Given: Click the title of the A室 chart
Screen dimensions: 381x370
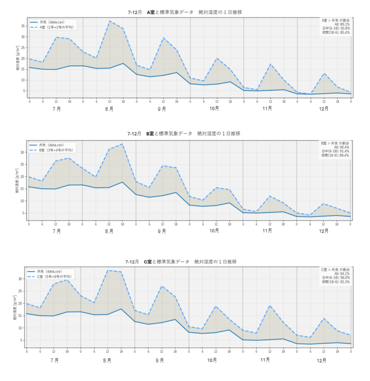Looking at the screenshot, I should click(x=184, y=11).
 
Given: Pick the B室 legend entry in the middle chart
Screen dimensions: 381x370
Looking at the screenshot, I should click(x=56, y=150).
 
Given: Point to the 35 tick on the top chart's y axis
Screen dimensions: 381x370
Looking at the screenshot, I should click(x=24, y=26).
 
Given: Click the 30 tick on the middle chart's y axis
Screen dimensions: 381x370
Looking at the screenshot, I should click(x=24, y=152).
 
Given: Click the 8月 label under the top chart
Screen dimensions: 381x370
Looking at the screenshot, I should click(x=109, y=109).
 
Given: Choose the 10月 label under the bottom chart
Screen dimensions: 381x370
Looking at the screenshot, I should click(x=212, y=360).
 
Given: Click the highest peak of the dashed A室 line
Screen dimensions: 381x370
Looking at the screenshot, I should click(x=109, y=21).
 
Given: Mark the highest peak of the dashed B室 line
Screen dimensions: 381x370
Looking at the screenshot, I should click(x=122, y=144).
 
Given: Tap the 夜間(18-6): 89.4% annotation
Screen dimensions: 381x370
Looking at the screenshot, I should click(x=336, y=155).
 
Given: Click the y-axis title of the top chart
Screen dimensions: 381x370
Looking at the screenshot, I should click(x=17, y=57).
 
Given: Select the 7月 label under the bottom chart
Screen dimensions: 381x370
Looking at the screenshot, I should click(x=54, y=360).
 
